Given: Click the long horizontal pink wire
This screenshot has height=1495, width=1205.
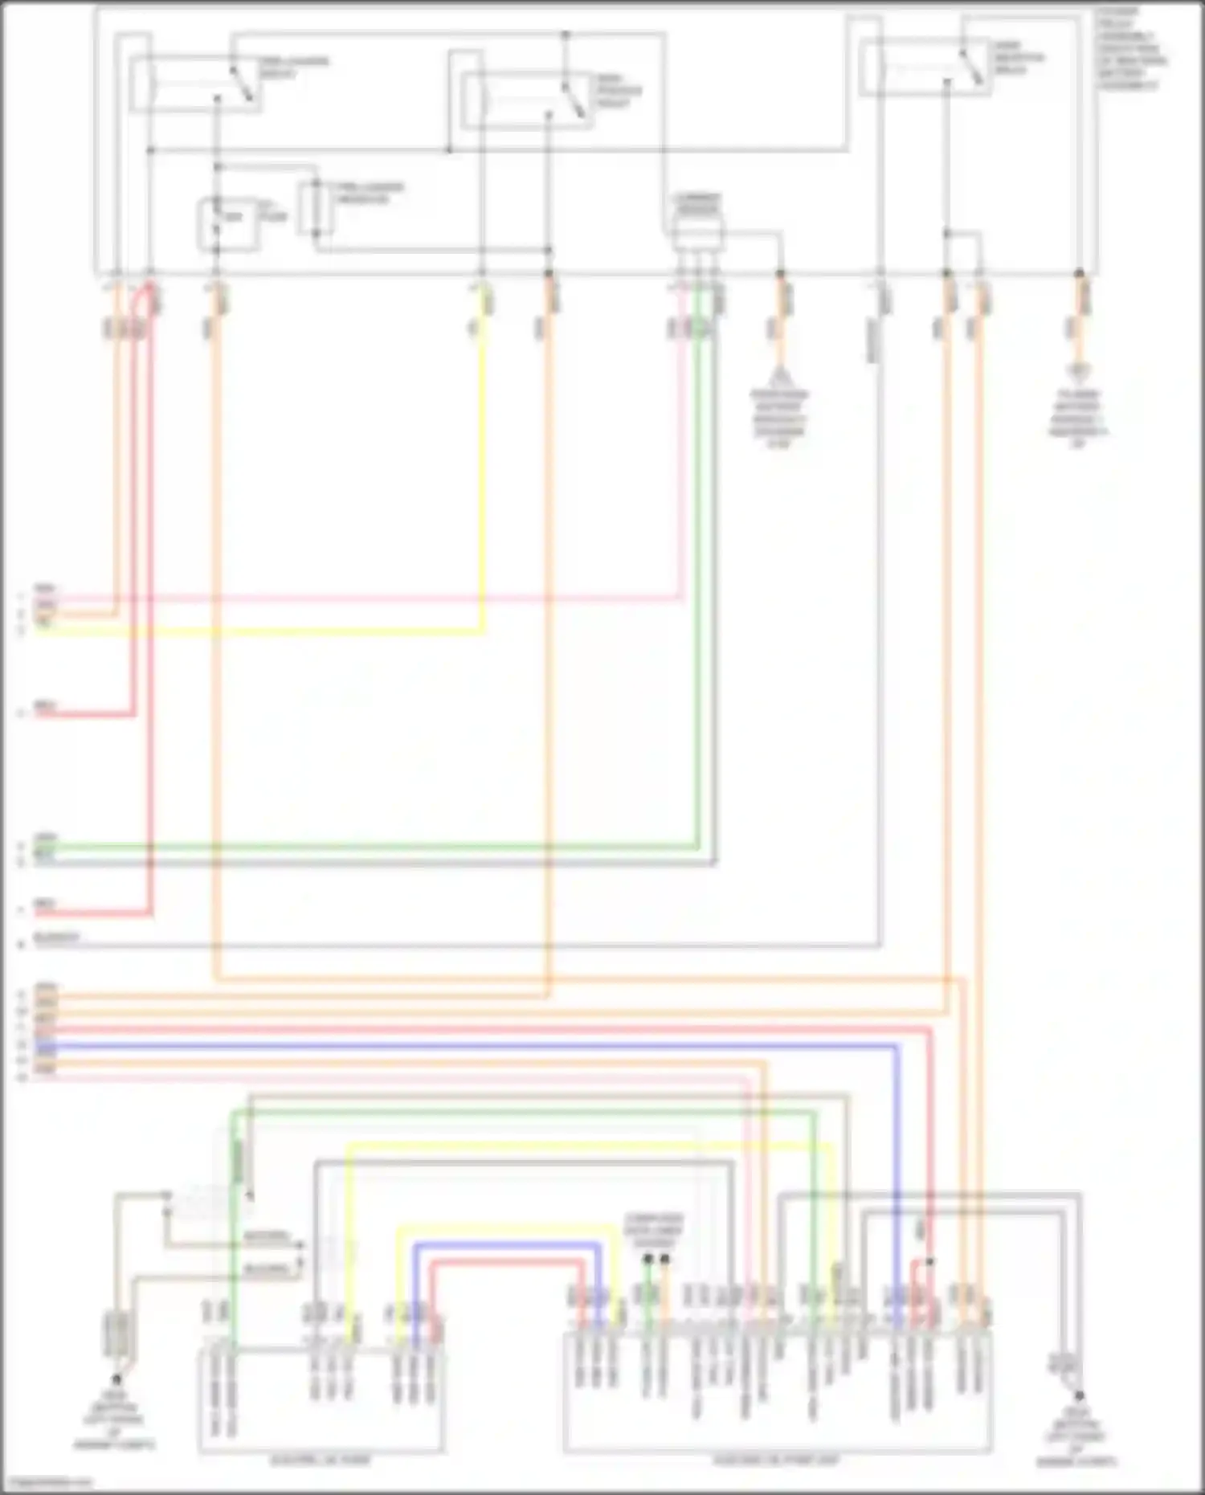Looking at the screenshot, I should [x=361, y=598].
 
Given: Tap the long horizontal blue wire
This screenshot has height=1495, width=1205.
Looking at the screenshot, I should [x=482, y=1046].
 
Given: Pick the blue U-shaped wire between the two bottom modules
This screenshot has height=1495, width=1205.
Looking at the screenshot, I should [x=506, y=1245].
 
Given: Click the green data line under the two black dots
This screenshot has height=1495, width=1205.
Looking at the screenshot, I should [x=647, y=1293].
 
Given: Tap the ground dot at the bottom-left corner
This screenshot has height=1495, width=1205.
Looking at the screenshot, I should [x=116, y=1379].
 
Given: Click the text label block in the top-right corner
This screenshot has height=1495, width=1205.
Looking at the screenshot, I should [x=1133, y=48].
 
